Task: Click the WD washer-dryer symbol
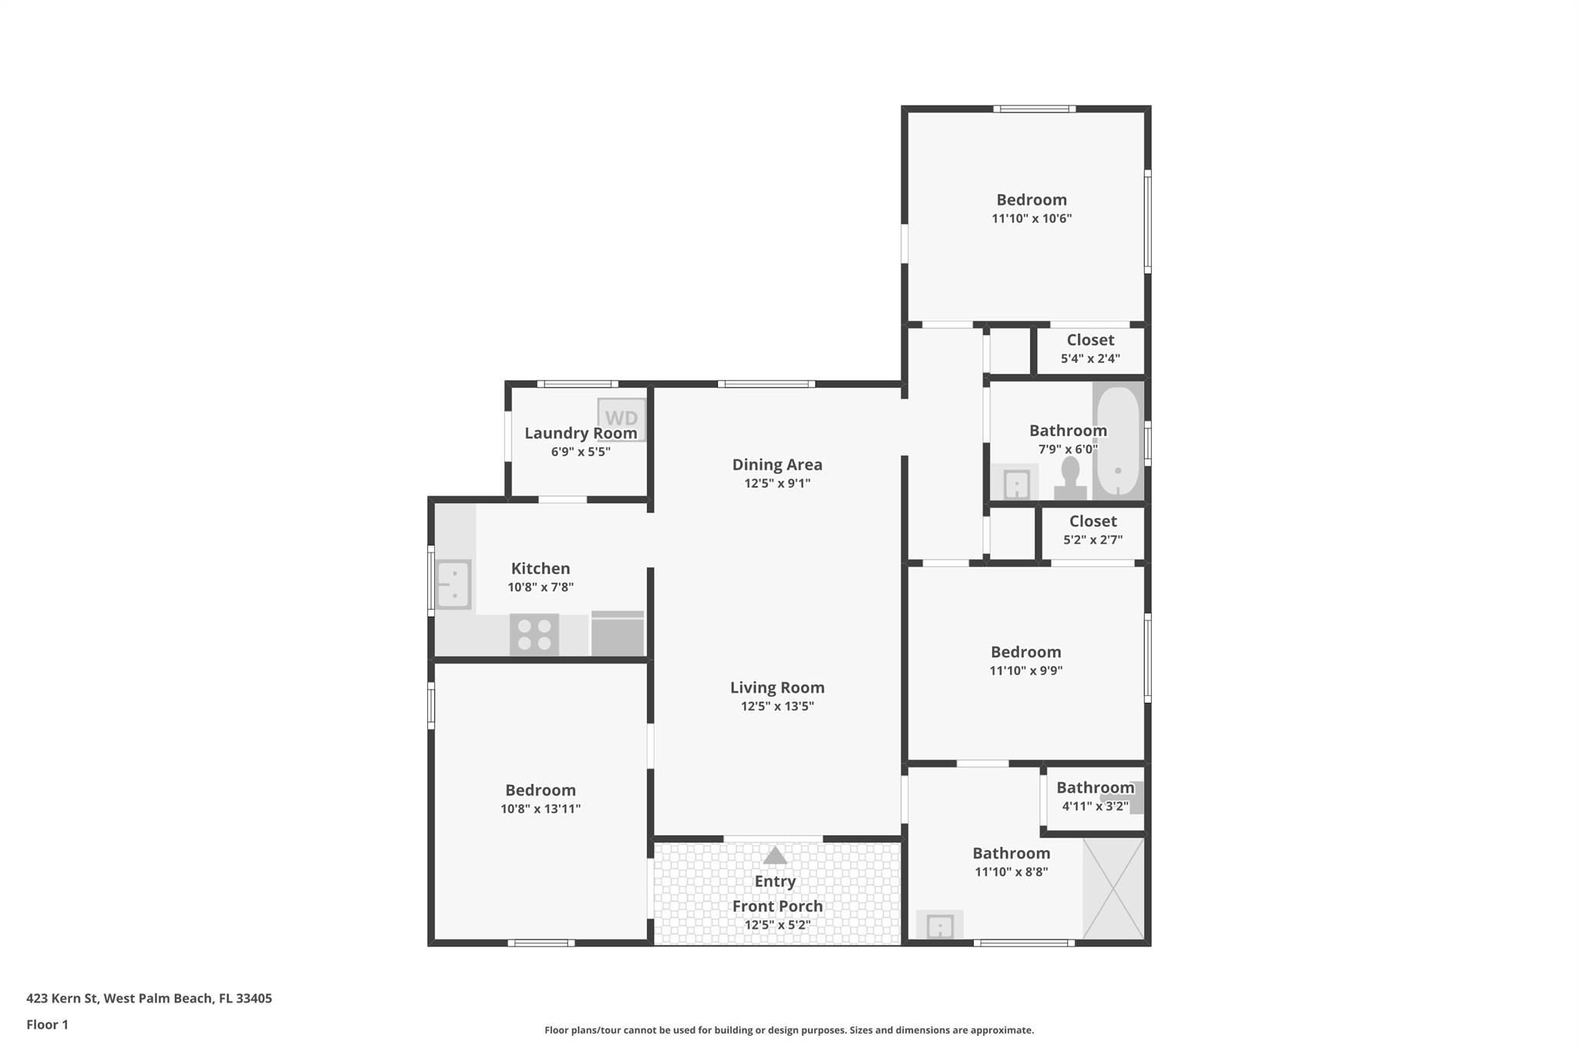point(621,418)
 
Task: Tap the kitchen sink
point(453,584)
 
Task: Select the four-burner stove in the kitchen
point(534,634)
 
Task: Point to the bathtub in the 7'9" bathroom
point(1117,442)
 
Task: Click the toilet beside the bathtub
point(1070,479)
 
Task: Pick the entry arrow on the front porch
point(775,855)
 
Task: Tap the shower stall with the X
point(1113,889)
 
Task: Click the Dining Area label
point(777,465)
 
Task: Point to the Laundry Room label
point(581,433)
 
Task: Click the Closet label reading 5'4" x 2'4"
point(1090,340)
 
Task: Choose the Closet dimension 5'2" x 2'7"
point(1093,540)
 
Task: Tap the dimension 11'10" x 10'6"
point(1032,219)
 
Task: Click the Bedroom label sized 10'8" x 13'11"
point(540,790)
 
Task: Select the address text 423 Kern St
point(62,998)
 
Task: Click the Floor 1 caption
point(47,1024)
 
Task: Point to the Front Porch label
point(777,906)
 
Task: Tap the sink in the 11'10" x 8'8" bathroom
point(940,926)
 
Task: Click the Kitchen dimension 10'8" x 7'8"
point(540,587)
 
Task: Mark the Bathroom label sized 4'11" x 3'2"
point(1096,788)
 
